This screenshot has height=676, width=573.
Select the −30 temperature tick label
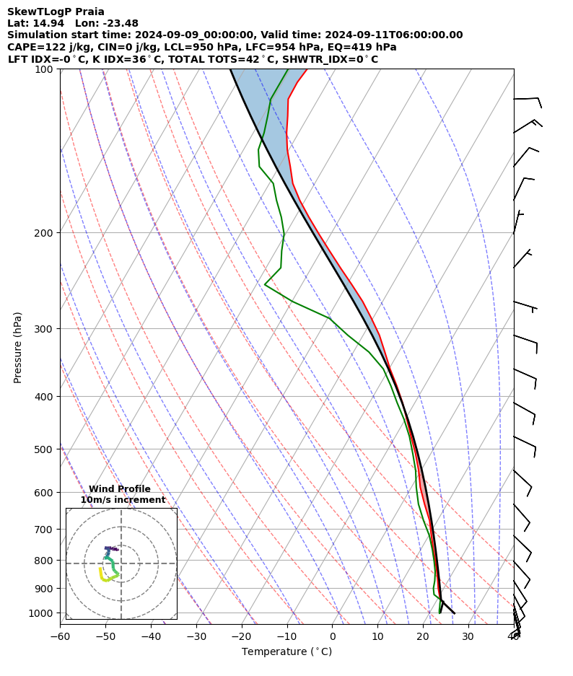pos(196,636)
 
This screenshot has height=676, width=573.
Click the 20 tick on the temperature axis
pos(424,636)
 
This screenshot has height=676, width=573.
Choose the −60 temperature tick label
pos(60,636)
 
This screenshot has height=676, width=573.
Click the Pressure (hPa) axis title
pos(18,346)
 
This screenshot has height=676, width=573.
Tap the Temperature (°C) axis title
pos(286,652)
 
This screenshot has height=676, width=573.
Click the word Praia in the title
pos(89,12)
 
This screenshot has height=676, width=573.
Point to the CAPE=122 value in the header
pos(33,47)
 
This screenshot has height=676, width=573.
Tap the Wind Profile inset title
pos(120,489)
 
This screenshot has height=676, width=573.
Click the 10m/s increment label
pos(123,500)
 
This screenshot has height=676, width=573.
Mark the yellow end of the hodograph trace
pos(100,569)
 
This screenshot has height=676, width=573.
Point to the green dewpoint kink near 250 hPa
pos(266,284)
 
